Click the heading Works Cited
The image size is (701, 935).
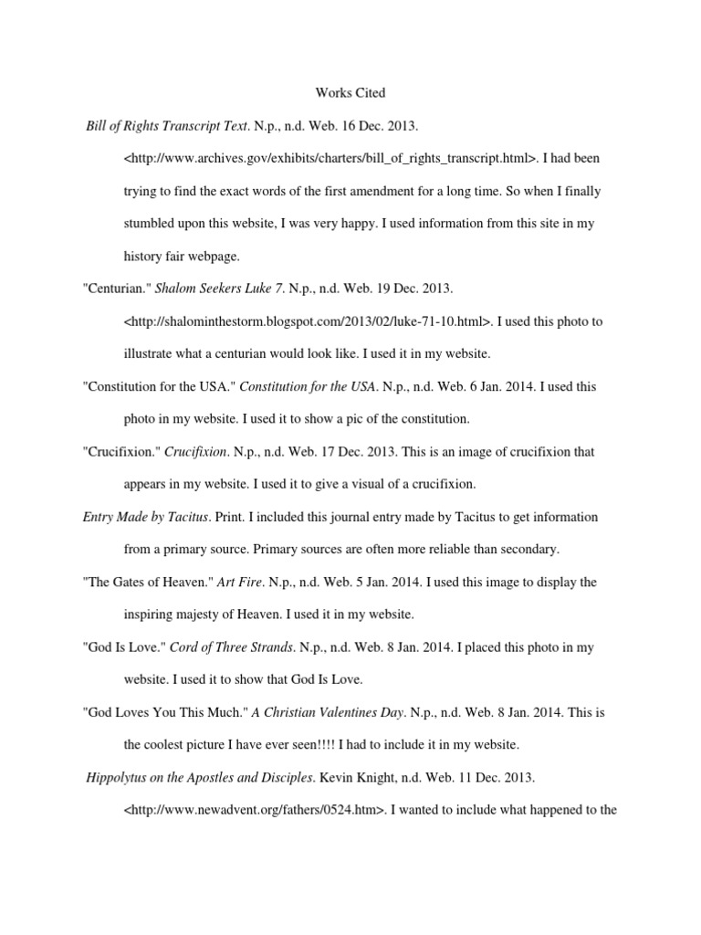(350, 92)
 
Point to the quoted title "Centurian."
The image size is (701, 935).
(116, 289)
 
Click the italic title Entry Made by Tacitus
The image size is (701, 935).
(146, 517)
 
